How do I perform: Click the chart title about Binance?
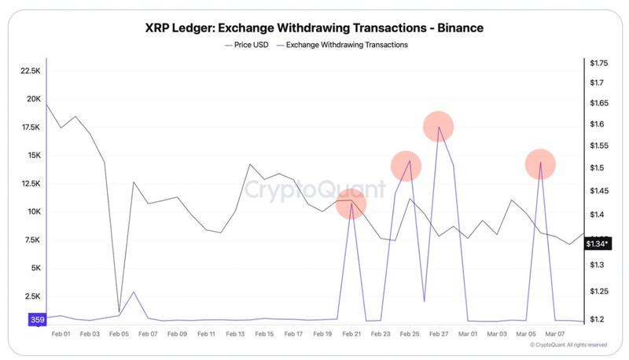point(314,28)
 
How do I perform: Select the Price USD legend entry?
point(247,45)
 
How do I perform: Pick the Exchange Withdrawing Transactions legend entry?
point(343,45)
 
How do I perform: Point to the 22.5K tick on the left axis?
point(30,71)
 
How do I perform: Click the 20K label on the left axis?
point(33,99)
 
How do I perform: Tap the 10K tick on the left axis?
point(33,211)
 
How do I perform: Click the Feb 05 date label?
point(119,334)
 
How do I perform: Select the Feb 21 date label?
point(351,334)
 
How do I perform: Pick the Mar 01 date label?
point(469,334)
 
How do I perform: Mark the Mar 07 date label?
point(556,334)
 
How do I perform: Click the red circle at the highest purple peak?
point(439,127)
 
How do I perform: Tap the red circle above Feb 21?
point(351,205)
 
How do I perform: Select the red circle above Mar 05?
point(541,164)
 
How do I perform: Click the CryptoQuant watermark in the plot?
point(313,189)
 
